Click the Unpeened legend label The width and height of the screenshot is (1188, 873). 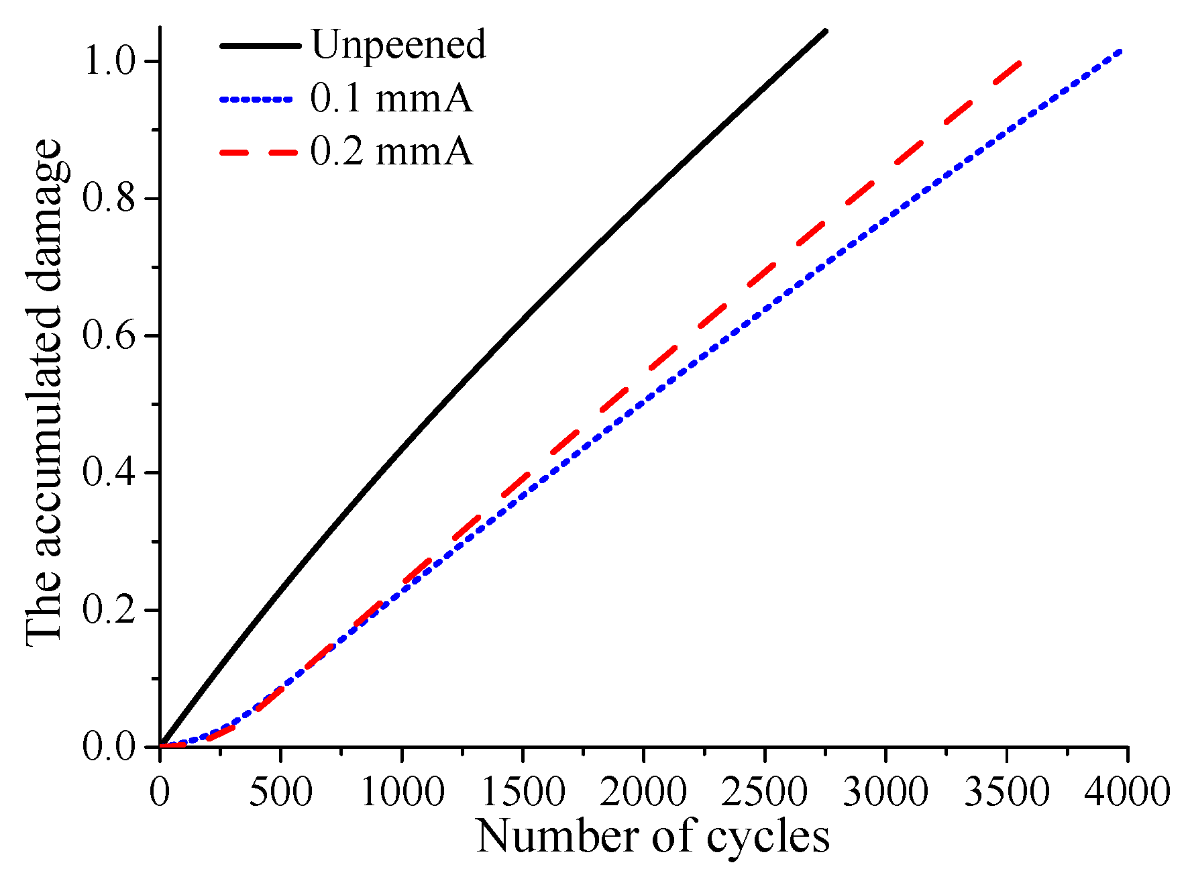398,46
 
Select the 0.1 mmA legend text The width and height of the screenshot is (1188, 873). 391,99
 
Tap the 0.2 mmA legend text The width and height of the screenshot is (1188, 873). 391,152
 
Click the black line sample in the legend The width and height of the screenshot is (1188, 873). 260,46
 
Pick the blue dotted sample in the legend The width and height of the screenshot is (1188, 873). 256,99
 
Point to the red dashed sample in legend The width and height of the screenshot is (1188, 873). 259,152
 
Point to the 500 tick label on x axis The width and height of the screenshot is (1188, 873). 280,792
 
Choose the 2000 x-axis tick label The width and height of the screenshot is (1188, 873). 643,792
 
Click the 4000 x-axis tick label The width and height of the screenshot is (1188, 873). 1127,792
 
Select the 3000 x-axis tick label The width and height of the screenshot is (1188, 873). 885,792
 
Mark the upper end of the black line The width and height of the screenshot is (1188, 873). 826,31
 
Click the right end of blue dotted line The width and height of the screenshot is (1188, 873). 1119,52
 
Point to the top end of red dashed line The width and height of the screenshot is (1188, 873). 1020,63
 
